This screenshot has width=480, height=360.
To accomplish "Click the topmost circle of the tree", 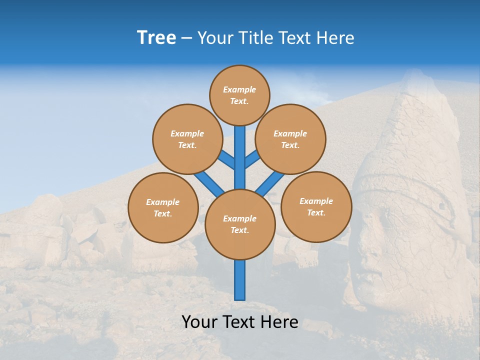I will [239, 95].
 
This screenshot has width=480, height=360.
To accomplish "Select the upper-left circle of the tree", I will [187, 139].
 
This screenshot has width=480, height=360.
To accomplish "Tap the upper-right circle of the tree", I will [290, 139].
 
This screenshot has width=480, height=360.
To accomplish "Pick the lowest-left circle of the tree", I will [163, 207].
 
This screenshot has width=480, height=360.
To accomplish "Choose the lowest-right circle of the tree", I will [316, 206].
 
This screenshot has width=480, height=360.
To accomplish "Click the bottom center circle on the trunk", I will [240, 224].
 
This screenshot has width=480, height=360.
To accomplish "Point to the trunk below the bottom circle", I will [240, 280].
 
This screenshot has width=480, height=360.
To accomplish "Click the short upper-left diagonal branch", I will [226, 160].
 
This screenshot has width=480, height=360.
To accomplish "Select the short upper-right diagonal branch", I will [252, 159].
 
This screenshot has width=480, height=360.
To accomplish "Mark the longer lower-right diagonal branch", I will [270, 183].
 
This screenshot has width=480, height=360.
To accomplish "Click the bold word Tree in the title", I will [156, 37].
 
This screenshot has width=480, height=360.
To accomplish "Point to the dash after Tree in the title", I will [186, 38].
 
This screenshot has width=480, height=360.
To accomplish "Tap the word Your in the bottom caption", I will [199, 321].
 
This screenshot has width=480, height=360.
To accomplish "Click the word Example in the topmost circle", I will [239, 89].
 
